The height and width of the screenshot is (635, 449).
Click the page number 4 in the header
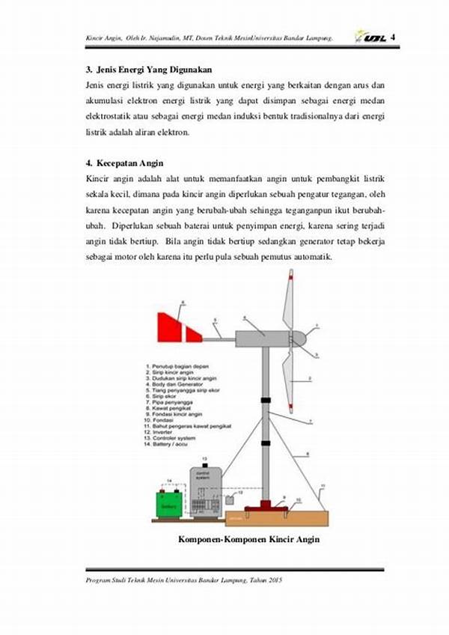click(393, 37)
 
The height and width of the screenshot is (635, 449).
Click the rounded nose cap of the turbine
click(299, 338)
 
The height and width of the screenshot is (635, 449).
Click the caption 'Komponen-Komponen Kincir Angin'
click(248, 540)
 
